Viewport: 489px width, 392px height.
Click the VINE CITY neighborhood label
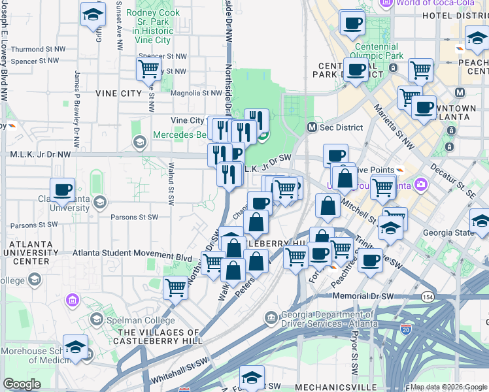coord(118,93)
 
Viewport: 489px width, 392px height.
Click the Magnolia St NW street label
coord(191,93)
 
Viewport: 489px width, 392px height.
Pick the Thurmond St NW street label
coord(39,49)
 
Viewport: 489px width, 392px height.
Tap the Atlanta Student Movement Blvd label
coord(131,257)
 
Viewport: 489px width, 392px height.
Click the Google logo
coord(22,384)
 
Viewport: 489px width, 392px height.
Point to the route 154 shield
coord(428,297)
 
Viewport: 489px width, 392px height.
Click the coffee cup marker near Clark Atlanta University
coord(63,190)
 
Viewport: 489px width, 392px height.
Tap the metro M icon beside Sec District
coord(312,126)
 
